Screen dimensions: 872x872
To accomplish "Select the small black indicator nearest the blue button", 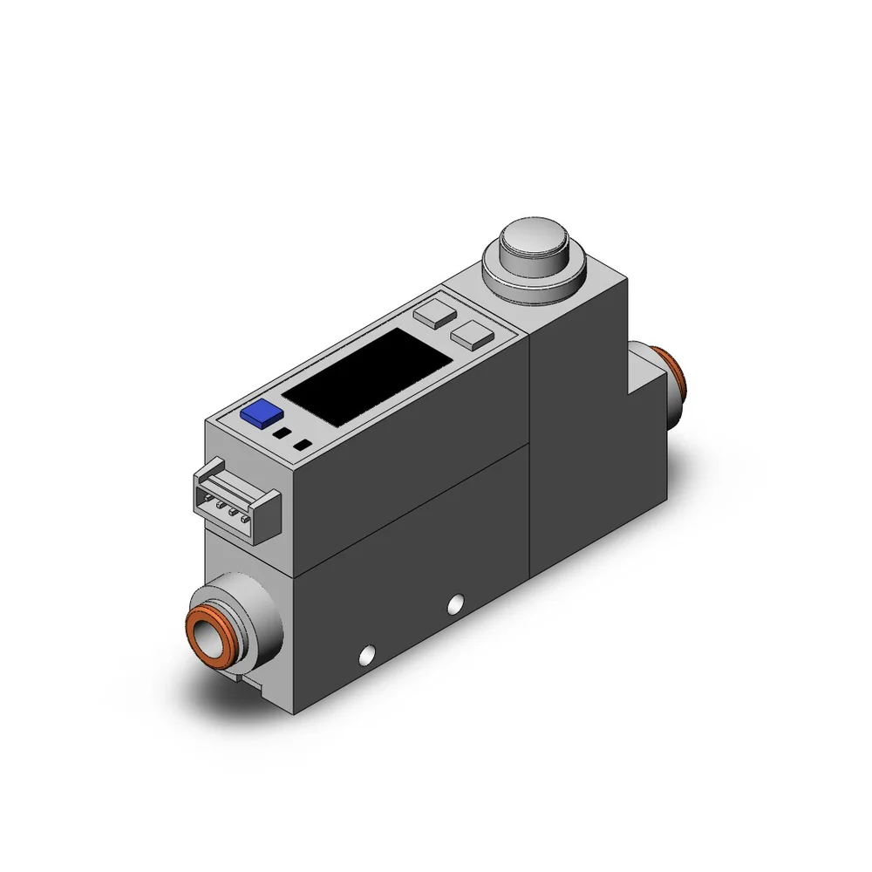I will (x=282, y=432).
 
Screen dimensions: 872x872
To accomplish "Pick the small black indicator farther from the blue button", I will (x=302, y=445).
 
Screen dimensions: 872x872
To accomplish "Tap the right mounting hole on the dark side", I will (x=455, y=602).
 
